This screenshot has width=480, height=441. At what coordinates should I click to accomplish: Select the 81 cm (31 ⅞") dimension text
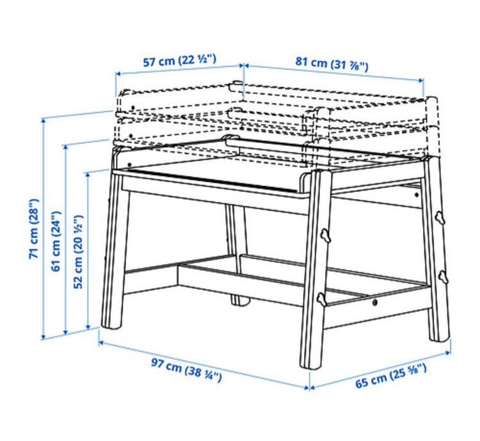(x=332, y=63)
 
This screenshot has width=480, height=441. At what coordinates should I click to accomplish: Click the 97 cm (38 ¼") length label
(x=186, y=369)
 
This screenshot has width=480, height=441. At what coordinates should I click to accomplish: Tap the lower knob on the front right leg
(x=321, y=300)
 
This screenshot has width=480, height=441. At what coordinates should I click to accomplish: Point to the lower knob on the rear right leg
(x=442, y=276)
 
